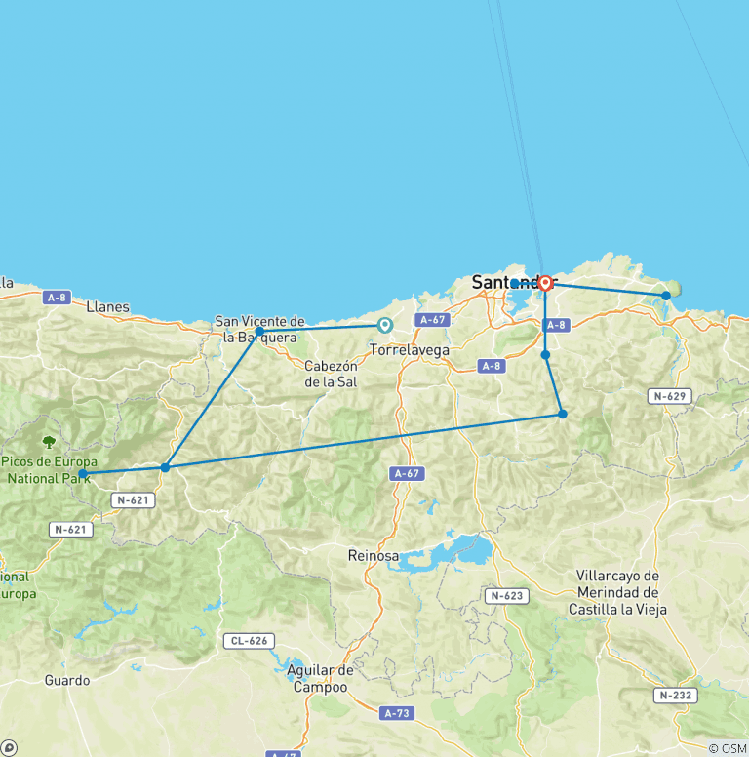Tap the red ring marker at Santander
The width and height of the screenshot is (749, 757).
(x=545, y=283)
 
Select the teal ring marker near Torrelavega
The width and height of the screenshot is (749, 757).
(x=385, y=326)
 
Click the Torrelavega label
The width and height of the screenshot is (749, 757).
(x=410, y=348)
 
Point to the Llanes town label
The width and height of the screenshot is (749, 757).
(x=107, y=306)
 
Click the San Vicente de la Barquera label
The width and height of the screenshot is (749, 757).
(x=260, y=329)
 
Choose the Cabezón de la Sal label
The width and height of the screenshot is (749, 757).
(x=332, y=374)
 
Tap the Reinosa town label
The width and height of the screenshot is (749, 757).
(x=374, y=555)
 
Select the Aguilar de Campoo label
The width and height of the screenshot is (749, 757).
(x=321, y=678)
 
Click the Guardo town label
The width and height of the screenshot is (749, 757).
(x=67, y=680)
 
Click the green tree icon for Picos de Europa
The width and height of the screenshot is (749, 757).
(x=49, y=442)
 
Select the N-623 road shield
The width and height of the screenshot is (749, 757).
(x=506, y=595)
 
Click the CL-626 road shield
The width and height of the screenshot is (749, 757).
(x=248, y=641)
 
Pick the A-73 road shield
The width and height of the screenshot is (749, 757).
(x=397, y=713)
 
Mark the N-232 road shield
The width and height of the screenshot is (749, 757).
(x=675, y=696)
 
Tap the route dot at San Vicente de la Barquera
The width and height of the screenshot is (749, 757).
(x=259, y=333)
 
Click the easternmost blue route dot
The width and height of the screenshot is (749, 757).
(x=666, y=295)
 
